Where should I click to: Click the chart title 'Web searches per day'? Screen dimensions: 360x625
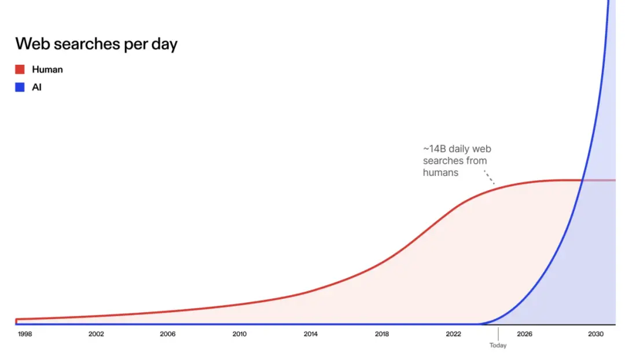tap(96, 44)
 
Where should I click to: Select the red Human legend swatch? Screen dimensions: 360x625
tap(20, 69)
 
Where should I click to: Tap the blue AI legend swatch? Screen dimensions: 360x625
tap(20, 88)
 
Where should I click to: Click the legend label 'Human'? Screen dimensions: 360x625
tap(47, 69)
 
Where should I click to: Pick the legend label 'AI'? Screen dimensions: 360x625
tap(36, 88)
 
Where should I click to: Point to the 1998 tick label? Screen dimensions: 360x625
tap(25, 334)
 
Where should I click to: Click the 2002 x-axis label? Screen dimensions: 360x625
tap(96, 334)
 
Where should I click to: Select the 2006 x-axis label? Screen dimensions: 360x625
tap(168, 334)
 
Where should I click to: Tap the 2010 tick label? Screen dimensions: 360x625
tap(239, 334)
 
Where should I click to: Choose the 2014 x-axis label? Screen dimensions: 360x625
tap(311, 334)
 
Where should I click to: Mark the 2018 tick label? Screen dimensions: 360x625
tap(382, 334)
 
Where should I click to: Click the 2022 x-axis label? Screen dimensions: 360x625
tap(453, 334)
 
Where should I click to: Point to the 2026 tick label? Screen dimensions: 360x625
tap(525, 334)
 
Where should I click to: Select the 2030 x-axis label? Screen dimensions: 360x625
tap(596, 334)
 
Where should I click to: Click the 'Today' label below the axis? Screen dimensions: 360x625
tap(498, 346)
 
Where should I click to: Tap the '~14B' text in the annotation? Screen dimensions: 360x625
tap(435, 148)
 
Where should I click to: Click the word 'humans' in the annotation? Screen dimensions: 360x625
tap(441, 172)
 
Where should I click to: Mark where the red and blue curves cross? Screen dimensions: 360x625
tap(582, 180)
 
